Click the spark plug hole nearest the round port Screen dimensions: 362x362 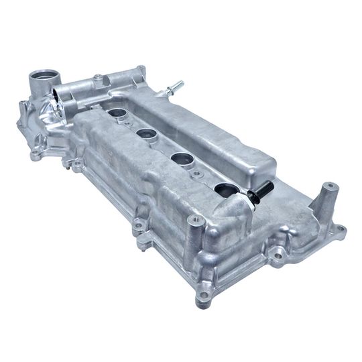point(119,115)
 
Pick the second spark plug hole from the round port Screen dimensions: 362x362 point(149,133)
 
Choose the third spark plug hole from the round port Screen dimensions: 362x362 point(182,158)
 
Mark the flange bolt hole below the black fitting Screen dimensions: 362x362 point(275,254)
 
